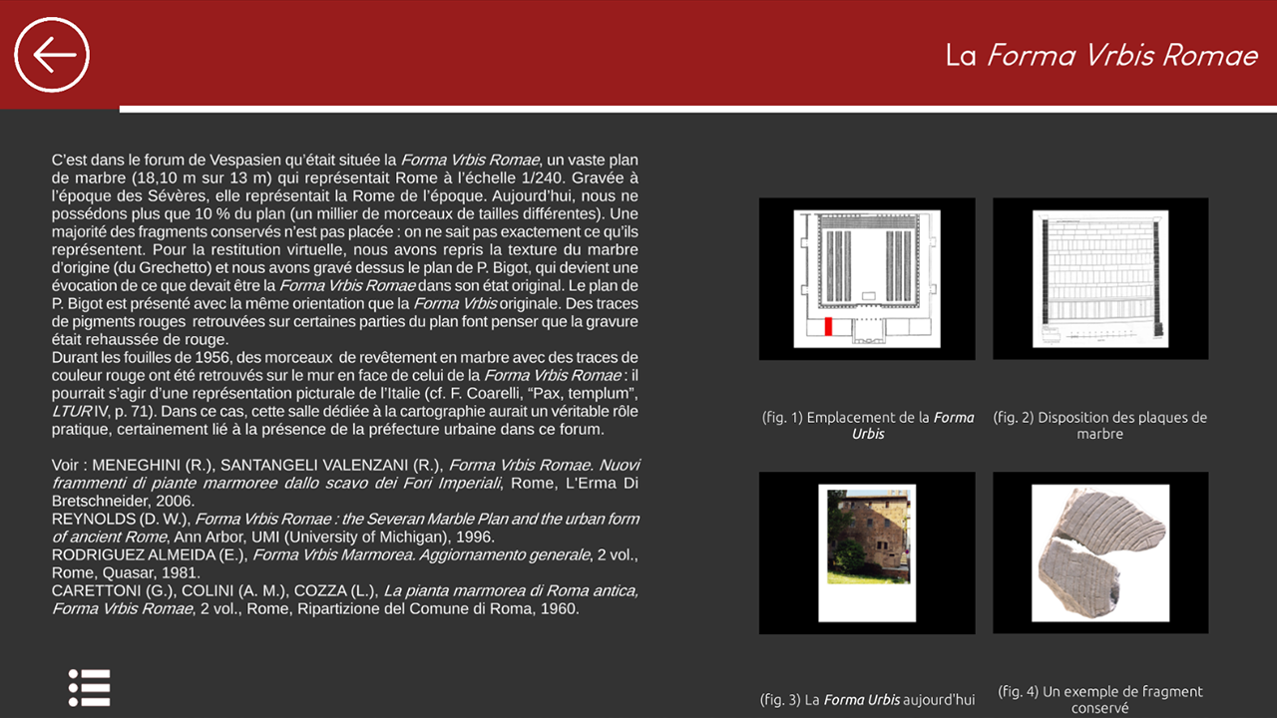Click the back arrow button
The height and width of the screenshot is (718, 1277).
52,54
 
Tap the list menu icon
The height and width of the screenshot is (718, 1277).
89,688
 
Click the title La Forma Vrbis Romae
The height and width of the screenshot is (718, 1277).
1101,56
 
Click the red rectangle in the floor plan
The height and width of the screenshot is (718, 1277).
828,326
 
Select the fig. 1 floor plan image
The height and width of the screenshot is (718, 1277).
866,279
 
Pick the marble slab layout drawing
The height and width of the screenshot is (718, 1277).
1099,279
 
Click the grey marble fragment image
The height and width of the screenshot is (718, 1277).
1099,552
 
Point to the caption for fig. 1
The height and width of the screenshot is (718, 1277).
867,425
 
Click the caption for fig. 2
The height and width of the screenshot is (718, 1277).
1099,425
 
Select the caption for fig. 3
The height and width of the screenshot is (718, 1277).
867,699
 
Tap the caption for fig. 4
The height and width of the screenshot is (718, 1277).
1099,699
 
